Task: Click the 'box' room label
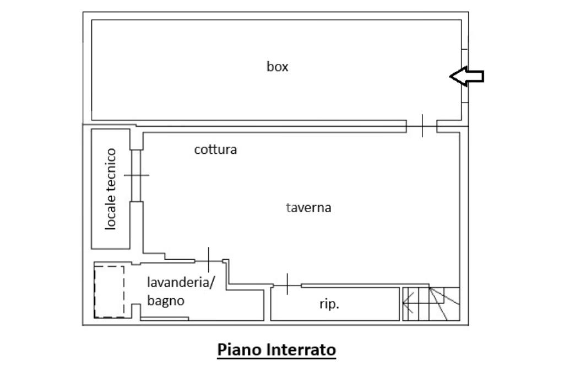(278, 67)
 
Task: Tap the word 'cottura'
(215, 149)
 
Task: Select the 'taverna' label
(308, 208)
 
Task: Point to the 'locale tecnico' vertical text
(111, 189)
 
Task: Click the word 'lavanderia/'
(181, 282)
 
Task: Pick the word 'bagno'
(166, 300)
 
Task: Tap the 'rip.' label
(329, 304)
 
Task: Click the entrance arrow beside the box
(467, 76)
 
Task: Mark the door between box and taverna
(422, 126)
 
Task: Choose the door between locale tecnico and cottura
(137, 175)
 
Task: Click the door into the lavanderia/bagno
(209, 260)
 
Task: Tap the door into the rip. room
(287, 285)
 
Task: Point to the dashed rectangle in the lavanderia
(110, 292)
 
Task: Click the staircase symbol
(431, 304)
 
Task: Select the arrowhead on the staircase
(408, 303)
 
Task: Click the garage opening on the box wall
(465, 76)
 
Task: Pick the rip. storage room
(335, 304)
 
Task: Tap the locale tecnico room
(111, 189)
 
